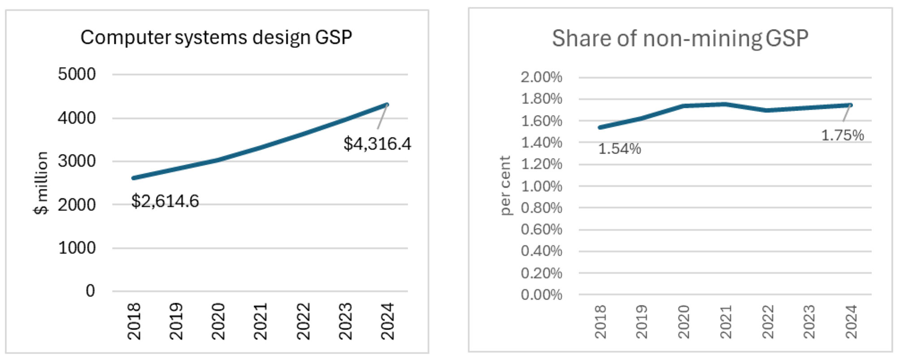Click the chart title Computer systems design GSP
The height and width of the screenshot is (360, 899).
click(216, 37)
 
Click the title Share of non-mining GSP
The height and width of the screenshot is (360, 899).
click(680, 39)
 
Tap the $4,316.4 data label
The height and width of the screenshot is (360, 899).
click(377, 144)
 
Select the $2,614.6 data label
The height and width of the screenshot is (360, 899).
click(165, 201)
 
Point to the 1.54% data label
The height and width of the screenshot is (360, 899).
click(620, 149)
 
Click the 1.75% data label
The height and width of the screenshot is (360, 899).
click(842, 135)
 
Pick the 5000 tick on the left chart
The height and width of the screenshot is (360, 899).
click(77, 74)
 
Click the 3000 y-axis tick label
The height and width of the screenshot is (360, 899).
click(77, 161)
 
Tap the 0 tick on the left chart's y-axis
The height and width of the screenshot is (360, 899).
click(90, 291)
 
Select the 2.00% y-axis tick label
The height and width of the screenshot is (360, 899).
click(541, 77)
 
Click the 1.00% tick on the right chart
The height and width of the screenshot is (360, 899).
click(541, 186)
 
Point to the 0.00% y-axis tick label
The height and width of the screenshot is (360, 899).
click(541, 295)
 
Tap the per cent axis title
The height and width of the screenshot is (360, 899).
click(505, 185)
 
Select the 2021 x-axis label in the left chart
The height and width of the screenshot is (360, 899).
click(260, 321)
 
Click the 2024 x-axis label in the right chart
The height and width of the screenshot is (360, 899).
click(851, 322)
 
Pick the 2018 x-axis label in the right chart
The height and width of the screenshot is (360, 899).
click(600, 322)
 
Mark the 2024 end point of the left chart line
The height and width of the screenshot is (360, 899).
click(387, 105)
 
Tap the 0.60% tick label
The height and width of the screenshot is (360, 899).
click(541, 230)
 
